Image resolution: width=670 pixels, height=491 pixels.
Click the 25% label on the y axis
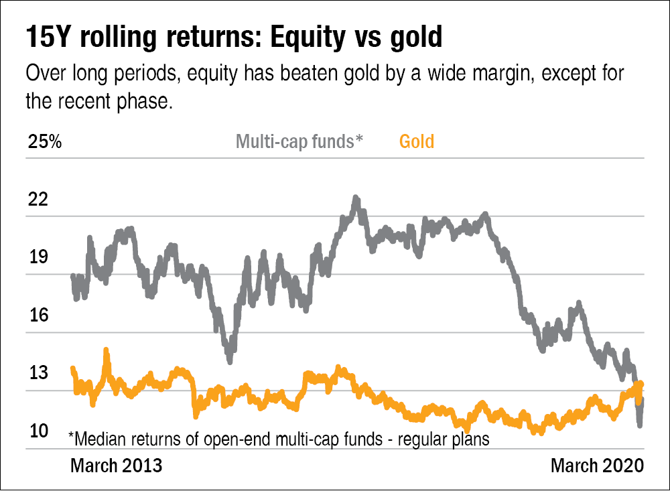pos(44,142)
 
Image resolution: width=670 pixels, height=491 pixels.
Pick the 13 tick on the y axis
pos(38,372)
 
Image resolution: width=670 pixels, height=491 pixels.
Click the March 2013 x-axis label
pos(116,466)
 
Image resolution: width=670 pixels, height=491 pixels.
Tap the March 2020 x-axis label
pos(597,466)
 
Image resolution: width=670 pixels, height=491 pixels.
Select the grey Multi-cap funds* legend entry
pos(299,142)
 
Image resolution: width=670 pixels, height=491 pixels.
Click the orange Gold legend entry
pos(416,142)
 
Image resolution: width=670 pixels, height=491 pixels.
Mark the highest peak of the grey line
pos(356,199)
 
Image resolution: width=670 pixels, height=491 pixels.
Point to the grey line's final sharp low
pos(641,424)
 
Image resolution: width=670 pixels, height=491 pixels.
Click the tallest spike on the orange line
pos(105,350)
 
